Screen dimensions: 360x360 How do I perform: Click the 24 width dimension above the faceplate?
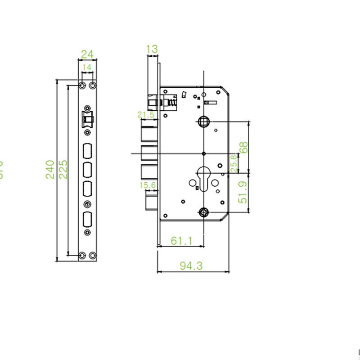click(x=87, y=54)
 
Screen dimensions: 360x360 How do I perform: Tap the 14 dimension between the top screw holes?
click(x=87, y=67)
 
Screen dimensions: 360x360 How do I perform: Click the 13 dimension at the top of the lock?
click(x=152, y=49)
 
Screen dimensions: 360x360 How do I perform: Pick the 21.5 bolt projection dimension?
click(x=146, y=115)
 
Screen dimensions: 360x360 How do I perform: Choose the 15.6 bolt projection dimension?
click(x=147, y=185)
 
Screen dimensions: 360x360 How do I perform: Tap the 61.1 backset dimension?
click(x=181, y=241)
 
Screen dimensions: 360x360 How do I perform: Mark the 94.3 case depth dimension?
click(x=191, y=266)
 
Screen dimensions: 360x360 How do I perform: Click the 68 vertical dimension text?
click(x=243, y=148)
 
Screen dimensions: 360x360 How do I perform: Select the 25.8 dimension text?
click(x=234, y=163)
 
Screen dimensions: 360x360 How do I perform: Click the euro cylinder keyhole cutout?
click(x=204, y=177)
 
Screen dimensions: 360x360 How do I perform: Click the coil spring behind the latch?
click(x=171, y=103)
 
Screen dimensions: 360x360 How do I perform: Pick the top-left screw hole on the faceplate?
click(x=82, y=85)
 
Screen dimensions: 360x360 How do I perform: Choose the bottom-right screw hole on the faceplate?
click(x=93, y=255)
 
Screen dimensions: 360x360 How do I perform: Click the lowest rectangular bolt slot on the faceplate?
click(x=87, y=220)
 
